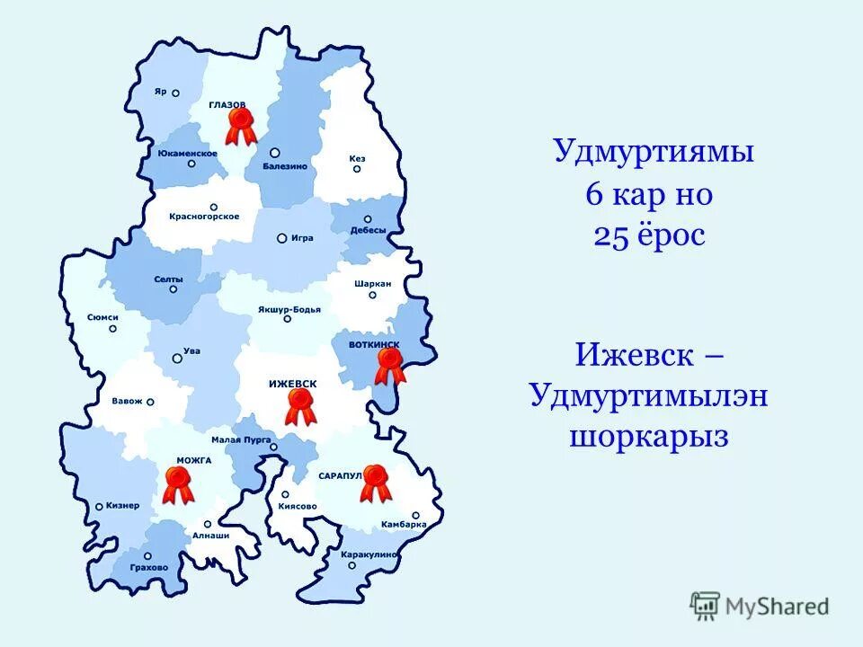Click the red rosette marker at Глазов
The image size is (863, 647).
[x=240, y=125]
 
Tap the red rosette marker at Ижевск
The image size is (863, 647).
[x=300, y=407]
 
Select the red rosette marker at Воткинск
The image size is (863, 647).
[x=390, y=365]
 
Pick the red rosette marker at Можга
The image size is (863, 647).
[x=179, y=483]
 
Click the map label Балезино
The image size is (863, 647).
[x=285, y=166]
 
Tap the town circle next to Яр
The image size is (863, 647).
[x=176, y=93]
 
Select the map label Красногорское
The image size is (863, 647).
[x=204, y=217]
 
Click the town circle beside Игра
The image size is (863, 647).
[x=281, y=238]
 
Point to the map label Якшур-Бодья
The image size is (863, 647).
[x=289, y=309]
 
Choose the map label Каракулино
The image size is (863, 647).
[x=369, y=554]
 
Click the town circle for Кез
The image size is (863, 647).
[x=358, y=169]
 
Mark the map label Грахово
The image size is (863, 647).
[x=148, y=568]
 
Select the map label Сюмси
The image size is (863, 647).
[x=103, y=317]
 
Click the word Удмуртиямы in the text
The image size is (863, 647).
[x=653, y=151]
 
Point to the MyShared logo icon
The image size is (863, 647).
[x=706, y=607]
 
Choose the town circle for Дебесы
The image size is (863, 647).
[x=368, y=219]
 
